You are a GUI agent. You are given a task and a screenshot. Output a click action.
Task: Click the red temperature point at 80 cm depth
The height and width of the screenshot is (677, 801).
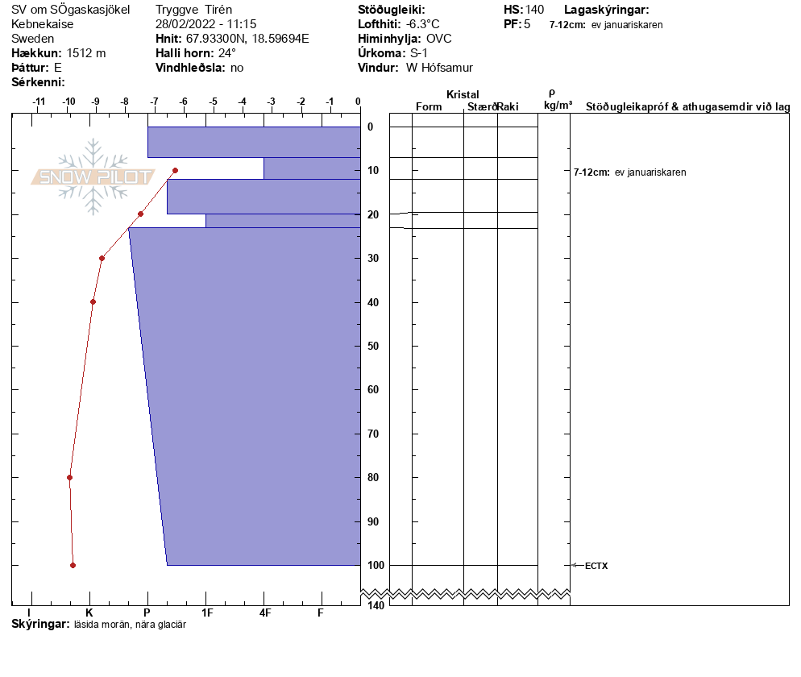(69, 477)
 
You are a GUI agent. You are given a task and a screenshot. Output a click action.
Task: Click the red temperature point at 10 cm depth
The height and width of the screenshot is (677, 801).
(175, 170)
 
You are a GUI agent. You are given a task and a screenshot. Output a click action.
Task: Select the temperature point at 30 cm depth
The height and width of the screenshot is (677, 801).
(102, 258)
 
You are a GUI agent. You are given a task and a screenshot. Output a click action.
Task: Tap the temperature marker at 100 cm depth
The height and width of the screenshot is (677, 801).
(73, 565)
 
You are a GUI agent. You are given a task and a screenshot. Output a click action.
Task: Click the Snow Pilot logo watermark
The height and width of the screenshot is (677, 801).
(93, 177)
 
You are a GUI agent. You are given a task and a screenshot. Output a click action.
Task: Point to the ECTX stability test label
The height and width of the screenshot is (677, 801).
(596, 566)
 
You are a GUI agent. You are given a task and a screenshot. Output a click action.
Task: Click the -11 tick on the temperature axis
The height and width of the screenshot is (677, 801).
(38, 102)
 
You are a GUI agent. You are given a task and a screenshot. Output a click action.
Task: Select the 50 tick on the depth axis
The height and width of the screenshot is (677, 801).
(374, 347)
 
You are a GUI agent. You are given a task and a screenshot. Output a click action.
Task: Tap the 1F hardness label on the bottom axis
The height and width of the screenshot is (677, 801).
(206, 613)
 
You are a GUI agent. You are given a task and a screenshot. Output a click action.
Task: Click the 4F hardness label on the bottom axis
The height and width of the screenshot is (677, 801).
(264, 613)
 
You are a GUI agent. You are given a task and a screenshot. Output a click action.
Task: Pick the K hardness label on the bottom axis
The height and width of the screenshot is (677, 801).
(89, 613)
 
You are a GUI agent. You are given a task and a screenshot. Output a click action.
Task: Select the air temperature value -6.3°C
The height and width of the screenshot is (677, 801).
(423, 24)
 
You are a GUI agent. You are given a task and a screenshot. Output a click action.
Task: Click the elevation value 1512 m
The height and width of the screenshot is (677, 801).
(86, 53)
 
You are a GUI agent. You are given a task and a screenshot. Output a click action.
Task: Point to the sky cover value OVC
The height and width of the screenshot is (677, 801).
(439, 39)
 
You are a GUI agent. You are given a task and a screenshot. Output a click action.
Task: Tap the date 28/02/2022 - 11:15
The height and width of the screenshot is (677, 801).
(205, 24)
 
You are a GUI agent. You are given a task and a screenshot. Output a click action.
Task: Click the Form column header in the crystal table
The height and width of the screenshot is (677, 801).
(429, 107)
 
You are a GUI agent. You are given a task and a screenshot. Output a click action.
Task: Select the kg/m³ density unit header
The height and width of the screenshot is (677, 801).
(558, 106)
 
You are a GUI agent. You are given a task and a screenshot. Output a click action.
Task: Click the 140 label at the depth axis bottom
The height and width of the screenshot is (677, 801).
(375, 605)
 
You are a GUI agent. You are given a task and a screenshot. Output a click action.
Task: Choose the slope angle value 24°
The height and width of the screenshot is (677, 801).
(227, 53)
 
